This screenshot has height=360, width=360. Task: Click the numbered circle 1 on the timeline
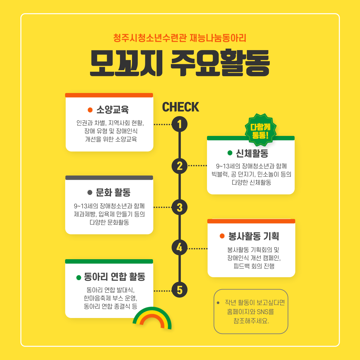180,124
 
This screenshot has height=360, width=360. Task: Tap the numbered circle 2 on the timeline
180,166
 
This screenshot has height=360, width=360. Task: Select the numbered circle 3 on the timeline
180,207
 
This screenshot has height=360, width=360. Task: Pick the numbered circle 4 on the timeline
180,248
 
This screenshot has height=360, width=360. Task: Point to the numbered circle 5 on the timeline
180,290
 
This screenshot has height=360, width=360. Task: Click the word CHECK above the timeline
181,107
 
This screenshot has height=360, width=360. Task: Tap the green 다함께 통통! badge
260,130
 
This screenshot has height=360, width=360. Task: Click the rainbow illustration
152,318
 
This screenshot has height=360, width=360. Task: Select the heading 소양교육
112,110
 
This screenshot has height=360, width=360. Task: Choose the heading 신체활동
252,153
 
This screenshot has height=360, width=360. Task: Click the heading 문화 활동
113,192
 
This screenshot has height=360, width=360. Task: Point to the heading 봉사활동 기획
254,236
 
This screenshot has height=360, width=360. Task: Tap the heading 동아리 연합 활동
115,277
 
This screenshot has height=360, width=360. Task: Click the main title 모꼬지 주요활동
180,63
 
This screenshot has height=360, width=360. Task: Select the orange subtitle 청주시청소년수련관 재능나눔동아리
180,38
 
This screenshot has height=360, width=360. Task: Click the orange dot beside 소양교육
90,110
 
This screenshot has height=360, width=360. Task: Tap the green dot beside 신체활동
230,153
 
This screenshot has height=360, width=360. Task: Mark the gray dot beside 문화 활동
90,192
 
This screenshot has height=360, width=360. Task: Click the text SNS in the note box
263,312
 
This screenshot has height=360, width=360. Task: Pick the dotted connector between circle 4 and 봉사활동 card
197,248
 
